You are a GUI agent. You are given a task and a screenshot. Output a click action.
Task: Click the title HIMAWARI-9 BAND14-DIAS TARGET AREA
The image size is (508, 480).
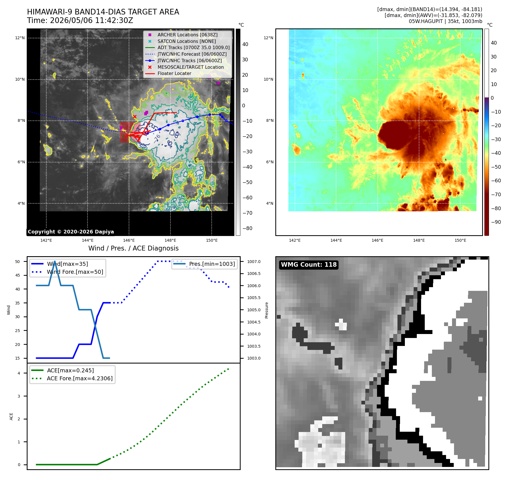(103, 12)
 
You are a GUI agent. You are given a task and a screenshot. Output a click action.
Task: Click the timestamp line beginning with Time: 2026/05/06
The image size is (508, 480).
(80, 20)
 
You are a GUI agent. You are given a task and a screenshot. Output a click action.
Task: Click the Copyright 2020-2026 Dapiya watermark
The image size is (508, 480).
(71, 232)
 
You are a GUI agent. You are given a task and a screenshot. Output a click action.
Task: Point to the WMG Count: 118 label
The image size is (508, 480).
(309, 264)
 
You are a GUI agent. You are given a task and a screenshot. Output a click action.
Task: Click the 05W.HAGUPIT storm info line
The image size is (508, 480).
(445, 21)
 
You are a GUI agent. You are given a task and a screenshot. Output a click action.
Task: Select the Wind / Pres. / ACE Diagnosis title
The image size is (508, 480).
(134, 248)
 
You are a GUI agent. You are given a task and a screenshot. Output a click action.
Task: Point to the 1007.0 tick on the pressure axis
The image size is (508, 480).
(254, 262)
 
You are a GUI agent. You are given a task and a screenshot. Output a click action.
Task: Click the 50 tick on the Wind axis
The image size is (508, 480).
(18, 262)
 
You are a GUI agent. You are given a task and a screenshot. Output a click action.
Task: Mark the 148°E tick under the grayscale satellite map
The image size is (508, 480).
(170, 240)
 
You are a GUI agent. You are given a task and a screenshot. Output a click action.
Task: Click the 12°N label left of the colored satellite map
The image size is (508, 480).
(268, 38)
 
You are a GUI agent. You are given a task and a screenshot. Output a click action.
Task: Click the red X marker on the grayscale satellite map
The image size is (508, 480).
(135, 116)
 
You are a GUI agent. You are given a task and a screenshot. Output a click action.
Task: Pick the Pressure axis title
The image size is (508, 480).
(267, 310)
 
